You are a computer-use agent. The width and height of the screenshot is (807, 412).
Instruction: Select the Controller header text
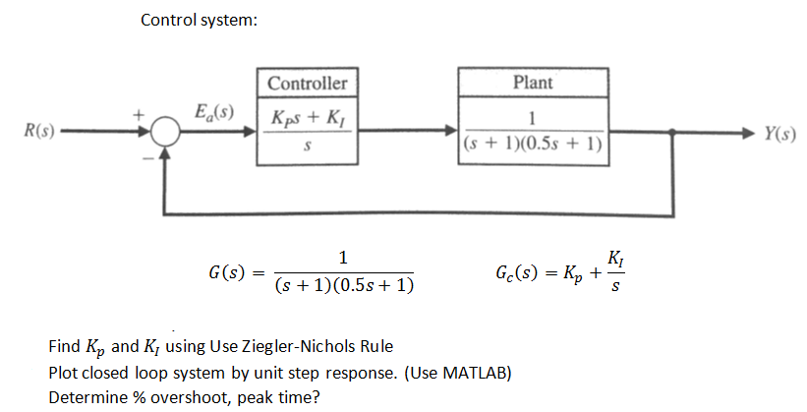pyautogui.click(x=307, y=83)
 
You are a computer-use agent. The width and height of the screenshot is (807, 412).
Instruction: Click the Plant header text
pyautogui.click(x=533, y=83)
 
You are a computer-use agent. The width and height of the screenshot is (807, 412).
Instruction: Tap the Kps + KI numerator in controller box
pyautogui.click(x=307, y=118)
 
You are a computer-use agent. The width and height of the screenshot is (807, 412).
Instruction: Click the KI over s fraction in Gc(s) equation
pyautogui.click(x=615, y=272)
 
